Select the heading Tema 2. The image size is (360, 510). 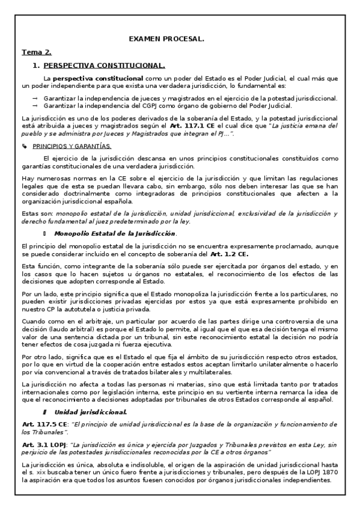35,52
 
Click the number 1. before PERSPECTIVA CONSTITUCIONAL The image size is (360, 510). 35,66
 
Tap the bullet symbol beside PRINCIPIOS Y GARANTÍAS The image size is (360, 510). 24,146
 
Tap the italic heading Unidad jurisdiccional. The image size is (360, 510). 90,412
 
